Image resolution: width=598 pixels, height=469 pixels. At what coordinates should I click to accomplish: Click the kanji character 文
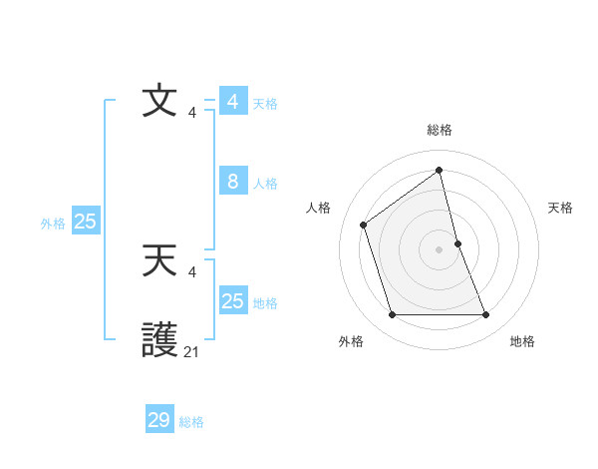159,103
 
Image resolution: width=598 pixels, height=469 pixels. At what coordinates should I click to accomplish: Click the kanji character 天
159,260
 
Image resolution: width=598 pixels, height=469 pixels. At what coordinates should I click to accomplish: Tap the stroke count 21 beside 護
191,351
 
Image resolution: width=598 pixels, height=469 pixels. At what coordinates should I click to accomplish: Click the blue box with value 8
233,182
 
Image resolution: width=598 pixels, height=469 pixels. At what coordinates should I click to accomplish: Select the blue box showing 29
159,420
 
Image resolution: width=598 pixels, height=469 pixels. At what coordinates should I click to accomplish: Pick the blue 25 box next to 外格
85,222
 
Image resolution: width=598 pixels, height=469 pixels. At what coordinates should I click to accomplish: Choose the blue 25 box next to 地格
233,300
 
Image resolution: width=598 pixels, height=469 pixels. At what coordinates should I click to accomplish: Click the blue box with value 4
233,102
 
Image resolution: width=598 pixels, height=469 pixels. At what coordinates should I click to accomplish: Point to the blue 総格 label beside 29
191,422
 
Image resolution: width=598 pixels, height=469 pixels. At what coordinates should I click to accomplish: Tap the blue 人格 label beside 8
265,184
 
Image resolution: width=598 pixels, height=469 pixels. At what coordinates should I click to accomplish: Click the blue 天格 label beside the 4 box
265,104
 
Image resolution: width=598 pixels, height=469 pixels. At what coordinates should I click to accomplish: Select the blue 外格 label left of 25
53,224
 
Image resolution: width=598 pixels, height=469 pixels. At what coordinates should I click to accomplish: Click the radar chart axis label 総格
439,130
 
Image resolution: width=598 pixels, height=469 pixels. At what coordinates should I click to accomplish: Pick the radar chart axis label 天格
560,208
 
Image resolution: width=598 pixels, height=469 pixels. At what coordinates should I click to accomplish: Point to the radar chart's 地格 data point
486,315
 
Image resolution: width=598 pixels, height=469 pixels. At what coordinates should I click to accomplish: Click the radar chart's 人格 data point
364,225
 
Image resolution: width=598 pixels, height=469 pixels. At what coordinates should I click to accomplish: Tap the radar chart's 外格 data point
392,315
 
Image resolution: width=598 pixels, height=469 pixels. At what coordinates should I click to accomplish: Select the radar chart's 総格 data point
439,170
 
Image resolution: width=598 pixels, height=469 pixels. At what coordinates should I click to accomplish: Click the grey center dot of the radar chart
439,248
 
